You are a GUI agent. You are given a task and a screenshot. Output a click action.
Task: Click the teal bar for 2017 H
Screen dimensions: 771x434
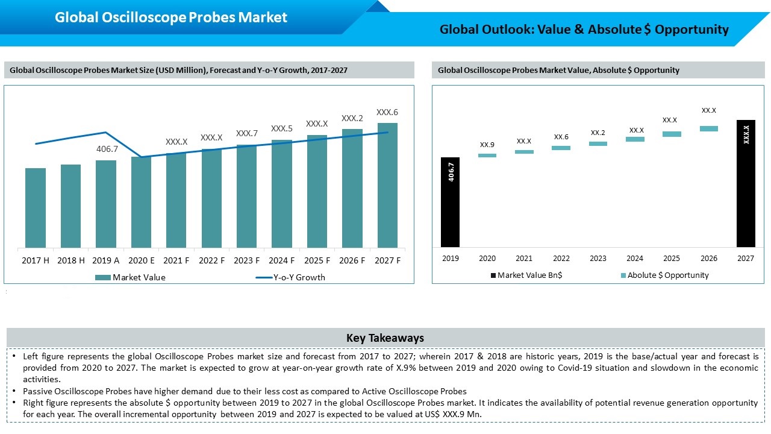click(36, 208)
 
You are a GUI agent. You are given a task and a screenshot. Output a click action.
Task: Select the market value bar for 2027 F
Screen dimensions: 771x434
click(387, 185)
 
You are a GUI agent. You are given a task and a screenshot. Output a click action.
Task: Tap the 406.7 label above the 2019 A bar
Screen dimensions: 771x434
click(107, 149)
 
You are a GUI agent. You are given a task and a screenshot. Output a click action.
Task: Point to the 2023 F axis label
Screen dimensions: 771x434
click(247, 260)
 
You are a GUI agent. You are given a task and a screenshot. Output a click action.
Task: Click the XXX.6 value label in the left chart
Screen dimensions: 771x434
click(387, 112)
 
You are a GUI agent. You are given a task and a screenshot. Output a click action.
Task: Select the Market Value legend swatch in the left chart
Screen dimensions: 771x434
click(102, 277)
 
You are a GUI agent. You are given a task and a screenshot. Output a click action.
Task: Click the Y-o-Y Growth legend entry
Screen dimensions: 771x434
click(290, 277)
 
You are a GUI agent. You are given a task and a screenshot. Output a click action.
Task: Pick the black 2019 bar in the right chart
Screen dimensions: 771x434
click(450, 202)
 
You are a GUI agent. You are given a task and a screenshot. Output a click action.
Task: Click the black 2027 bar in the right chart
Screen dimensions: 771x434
click(746, 184)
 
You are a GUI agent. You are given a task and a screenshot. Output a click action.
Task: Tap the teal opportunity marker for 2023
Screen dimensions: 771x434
click(598, 143)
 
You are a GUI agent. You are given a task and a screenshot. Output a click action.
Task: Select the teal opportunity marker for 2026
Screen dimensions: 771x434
click(709, 128)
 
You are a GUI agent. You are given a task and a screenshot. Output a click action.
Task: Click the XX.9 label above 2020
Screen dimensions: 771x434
click(487, 145)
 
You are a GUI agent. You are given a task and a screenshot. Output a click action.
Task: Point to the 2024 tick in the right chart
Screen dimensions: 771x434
click(635, 259)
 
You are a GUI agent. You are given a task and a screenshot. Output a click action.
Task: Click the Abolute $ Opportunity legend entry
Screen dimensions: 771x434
click(664, 275)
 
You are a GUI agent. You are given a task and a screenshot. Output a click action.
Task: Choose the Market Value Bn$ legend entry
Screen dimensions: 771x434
click(526, 275)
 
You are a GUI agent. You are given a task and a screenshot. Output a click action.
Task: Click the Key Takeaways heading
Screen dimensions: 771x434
click(385, 338)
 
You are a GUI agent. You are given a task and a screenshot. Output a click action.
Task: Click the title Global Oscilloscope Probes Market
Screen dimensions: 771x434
click(170, 17)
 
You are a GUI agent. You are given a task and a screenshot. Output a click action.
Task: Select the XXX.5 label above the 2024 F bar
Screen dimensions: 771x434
click(281, 128)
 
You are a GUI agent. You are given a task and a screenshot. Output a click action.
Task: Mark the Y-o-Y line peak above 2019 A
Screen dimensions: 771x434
click(105, 132)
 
